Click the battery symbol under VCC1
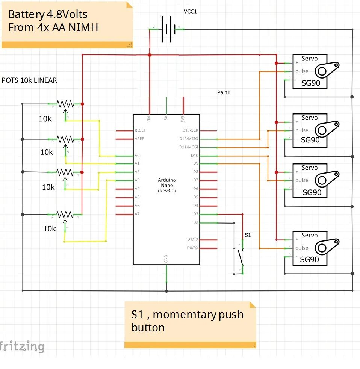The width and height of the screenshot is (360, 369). click(x=167, y=29)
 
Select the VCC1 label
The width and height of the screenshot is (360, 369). click(x=190, y=12)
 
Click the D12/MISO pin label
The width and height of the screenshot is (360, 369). click(x=190, y=139)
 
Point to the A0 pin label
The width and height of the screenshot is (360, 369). click(x=137, y=156)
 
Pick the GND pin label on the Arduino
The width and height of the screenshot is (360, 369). click(x=166, y=259)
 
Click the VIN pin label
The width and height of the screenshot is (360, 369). click(x=150, y=119)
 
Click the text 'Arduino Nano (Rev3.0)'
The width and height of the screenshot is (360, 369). click(x=166, y=185)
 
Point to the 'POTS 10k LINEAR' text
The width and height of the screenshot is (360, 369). click(x=29, y=80)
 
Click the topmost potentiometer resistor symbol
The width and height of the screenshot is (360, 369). click(x=65, y=103)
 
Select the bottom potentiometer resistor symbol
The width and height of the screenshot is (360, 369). click(x=65, y=215)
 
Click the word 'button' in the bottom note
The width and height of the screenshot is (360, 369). click(x=148, y=328)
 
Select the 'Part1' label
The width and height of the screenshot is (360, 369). click(x=223, y=92)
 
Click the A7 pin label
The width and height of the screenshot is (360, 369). click(x=137, y=214)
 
